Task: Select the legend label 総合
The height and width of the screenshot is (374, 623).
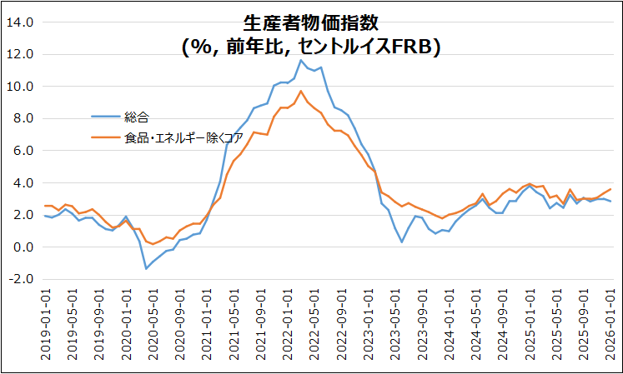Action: click(136, 117)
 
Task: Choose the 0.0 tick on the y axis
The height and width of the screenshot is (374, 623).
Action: click(23, 247)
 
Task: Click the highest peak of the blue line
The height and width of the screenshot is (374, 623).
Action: click(301, 60)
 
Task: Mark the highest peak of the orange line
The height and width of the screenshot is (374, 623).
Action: click(301, 91)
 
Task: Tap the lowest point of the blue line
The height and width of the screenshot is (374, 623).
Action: click(146, 268)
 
